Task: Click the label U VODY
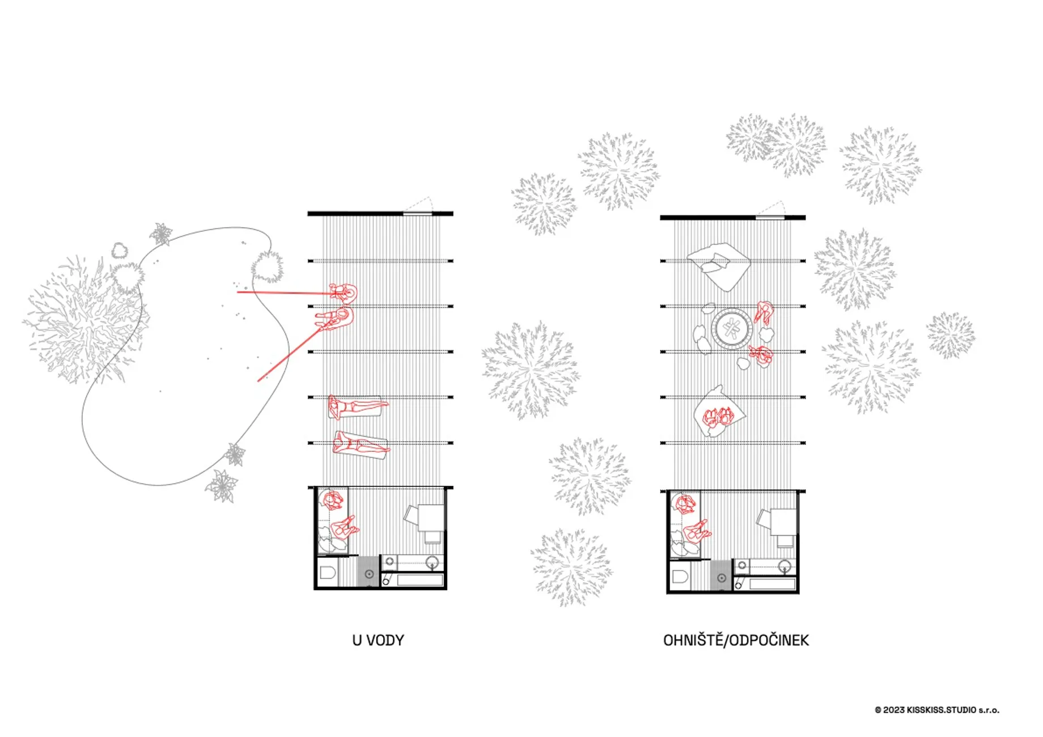pos(378,640)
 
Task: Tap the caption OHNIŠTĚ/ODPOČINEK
pos(736,640)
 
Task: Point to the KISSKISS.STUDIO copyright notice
pos(937,710)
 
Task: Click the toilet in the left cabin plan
pos(328,573)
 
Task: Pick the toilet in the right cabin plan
pos(680,577)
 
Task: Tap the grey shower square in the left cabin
pos(367,571)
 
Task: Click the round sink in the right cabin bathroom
pos(785,566)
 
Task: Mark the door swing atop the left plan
pos(418,205)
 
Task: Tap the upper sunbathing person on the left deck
pos(358,406)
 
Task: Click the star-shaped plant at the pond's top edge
pos(162,234)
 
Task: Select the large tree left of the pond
pos(85,320)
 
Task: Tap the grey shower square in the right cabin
pos(720,575)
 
